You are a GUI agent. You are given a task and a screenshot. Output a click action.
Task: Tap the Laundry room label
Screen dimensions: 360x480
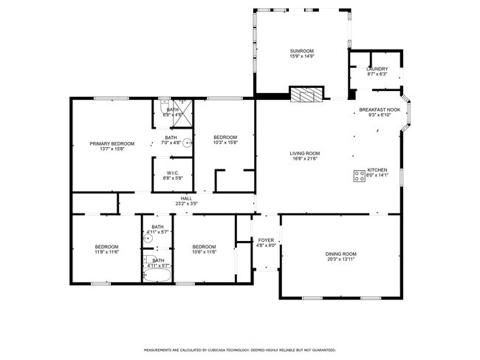coord(377,69)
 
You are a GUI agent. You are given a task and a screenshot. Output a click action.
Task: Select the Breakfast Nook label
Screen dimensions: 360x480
coord(379,109)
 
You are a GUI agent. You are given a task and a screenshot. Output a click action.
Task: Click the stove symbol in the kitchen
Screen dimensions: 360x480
coord(360,176)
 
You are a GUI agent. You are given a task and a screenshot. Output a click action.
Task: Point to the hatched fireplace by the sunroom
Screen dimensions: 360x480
coord(306,95)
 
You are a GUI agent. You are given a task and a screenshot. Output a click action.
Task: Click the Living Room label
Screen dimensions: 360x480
coord(304,153)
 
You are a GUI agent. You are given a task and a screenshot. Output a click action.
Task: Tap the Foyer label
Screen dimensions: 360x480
coord(266,240)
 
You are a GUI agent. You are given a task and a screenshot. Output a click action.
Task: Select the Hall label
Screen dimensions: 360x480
coord(186,198)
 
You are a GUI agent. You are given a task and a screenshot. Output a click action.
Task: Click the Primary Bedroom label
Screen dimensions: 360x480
coord(112,143)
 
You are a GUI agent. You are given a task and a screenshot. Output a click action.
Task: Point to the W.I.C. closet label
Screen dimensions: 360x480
coord(171,173)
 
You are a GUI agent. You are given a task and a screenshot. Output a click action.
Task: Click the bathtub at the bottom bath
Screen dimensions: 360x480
coord(157,276)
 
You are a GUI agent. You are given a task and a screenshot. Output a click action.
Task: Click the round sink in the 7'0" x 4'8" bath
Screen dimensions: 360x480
coord(187,143)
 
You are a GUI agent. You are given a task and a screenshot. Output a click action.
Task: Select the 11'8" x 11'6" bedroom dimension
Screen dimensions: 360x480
coord(106,252)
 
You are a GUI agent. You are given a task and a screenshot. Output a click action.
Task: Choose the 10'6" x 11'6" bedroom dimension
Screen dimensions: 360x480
coord(204,252)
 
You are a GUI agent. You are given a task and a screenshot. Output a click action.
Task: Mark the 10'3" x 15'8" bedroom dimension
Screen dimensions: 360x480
coord(225,143)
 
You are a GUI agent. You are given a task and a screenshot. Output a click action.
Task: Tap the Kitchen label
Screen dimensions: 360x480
coord(377,170)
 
